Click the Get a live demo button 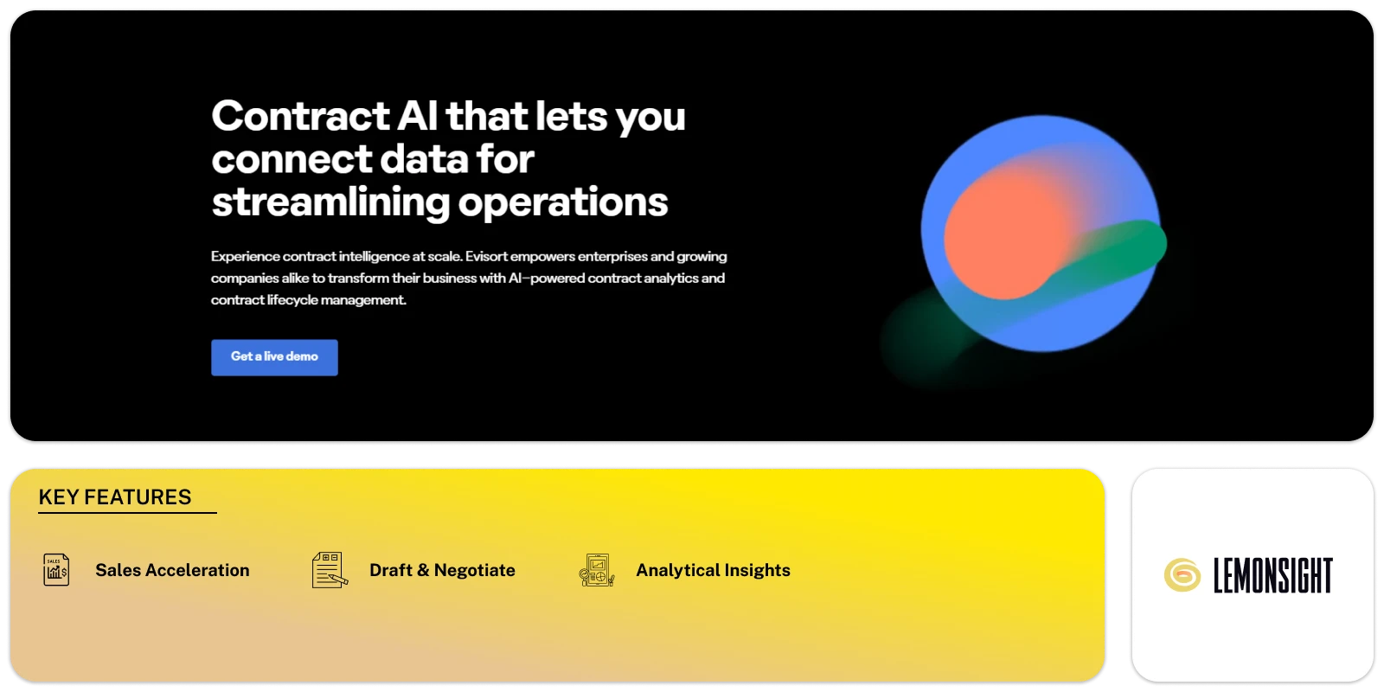[274, 357]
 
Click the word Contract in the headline [301, 116]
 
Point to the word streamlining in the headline [330, 202]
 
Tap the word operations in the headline [563, 202]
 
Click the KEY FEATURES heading [115, 497]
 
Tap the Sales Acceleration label [172, 570]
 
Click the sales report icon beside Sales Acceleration [56, 569]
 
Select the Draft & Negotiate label [442, 570]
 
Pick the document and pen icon [330, 570]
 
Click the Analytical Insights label [713, 570]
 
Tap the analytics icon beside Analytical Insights [597, 570]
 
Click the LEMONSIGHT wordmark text [1272, 575]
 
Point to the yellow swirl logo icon [1182, 575]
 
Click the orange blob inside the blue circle [1004, 237]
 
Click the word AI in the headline [418, 116]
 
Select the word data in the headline [424, 159]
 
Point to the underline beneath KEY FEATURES [127, 512]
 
